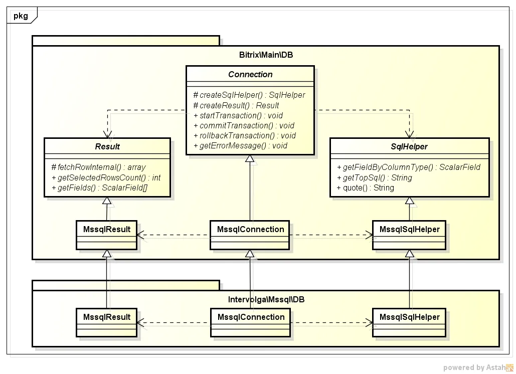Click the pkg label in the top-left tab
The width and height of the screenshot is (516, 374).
point(21,16)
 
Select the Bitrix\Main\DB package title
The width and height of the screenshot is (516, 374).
point(266,55)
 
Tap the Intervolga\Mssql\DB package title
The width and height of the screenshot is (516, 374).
point(266,299)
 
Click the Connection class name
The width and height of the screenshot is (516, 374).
point(250,74)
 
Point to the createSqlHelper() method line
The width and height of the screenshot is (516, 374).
point(249,95)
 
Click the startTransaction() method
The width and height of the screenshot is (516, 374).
point(238,115)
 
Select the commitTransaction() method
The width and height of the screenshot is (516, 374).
point(244,125)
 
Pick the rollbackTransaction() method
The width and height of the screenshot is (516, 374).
point(244,135)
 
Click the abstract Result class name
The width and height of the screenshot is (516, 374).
point(107,147)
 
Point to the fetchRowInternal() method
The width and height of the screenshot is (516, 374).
point(98,167)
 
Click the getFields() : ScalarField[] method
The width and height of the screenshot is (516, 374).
point(102,188)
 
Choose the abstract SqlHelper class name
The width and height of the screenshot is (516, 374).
point(409,147)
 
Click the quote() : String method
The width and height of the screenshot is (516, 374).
point(365,188)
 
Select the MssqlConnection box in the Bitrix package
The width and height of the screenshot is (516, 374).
point(250,230)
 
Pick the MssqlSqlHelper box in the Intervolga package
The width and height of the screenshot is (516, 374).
point(409,317)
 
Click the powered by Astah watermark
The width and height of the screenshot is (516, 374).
point(478,367)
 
